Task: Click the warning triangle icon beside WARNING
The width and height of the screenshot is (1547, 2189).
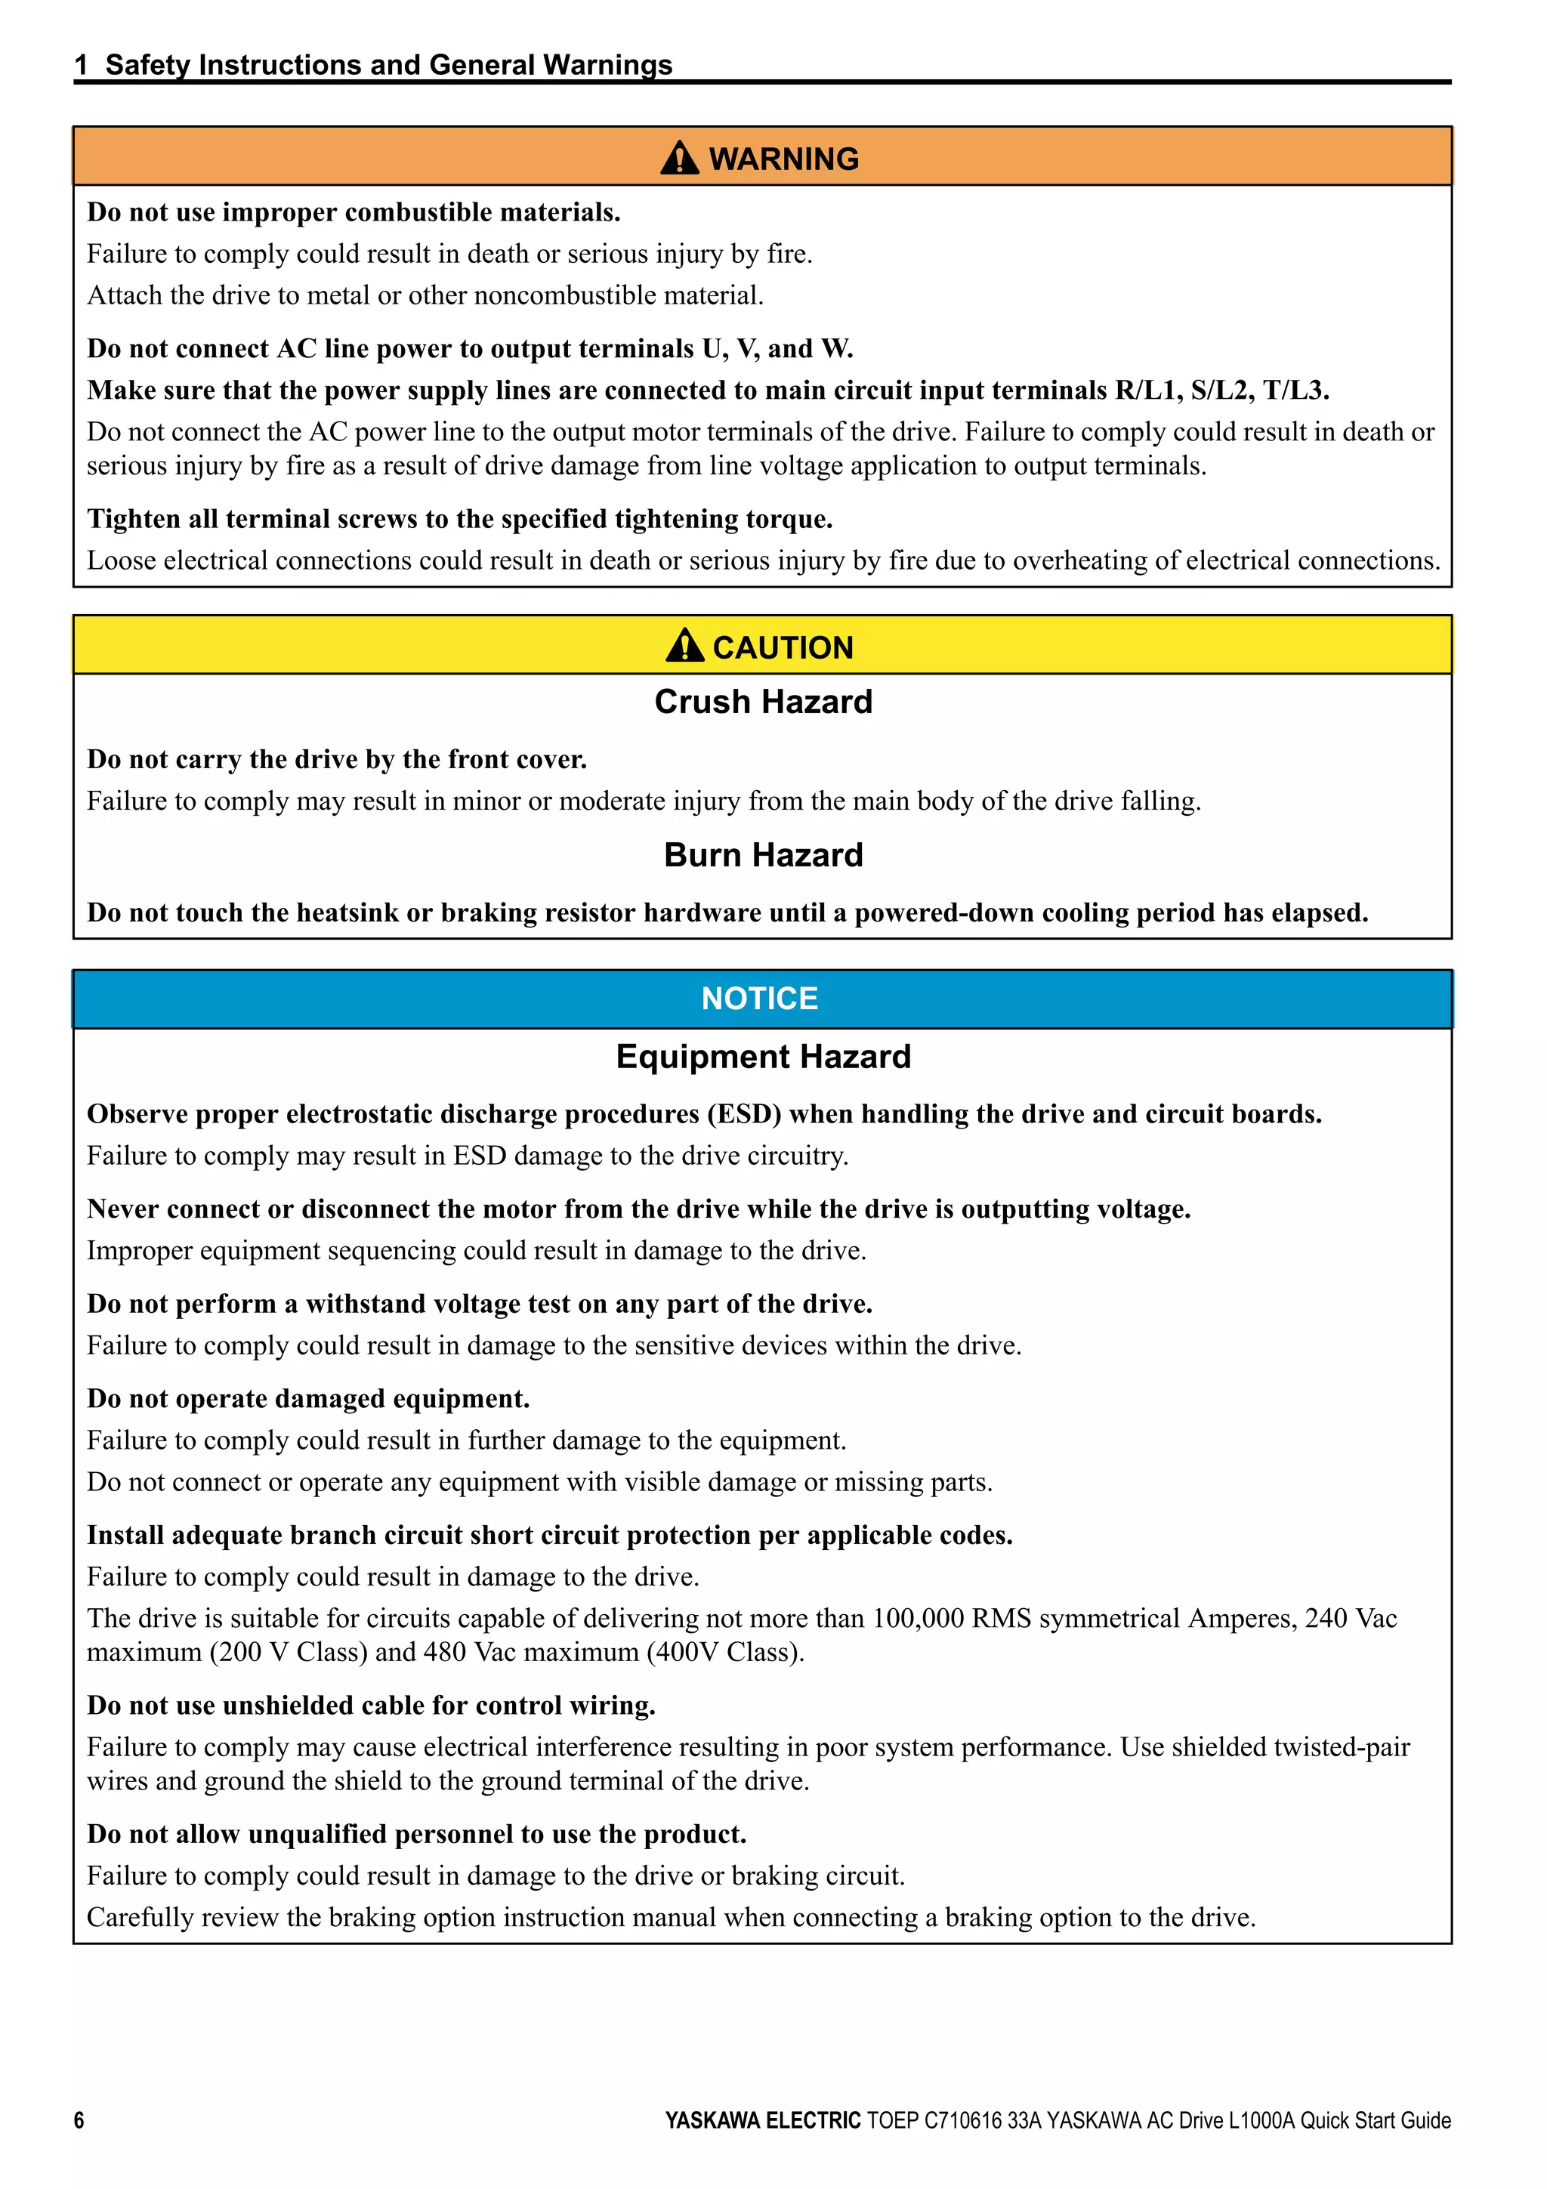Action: pos(680,159)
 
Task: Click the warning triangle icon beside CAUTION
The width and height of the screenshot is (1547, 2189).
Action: pos(684,647)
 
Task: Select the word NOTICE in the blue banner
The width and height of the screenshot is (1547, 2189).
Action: pos(760,999)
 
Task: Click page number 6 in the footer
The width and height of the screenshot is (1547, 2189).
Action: pos(79,2120)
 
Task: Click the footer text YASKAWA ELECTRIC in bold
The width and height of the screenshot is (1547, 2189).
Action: pos(762,2120)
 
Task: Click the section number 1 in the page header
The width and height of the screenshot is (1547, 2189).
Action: pos(82,65)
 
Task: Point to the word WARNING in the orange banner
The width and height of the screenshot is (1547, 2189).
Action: pos(783,159)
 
